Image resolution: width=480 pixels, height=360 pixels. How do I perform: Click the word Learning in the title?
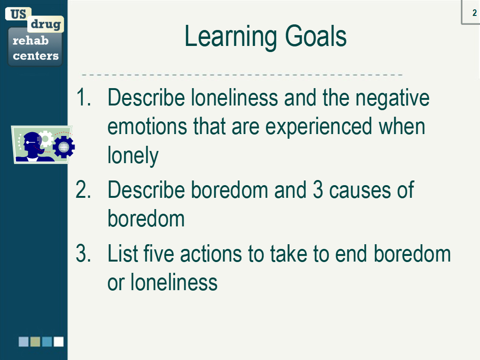[231, 37]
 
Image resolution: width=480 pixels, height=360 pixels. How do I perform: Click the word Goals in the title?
[315, 36]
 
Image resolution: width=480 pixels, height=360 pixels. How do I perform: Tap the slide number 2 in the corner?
[474, 13]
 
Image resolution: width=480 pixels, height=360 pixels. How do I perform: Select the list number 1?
[83, 97]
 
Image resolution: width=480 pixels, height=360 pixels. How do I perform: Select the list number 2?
[83, 190]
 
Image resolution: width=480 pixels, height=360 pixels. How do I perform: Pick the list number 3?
[83, 254]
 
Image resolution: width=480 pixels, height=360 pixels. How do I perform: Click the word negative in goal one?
[392, 99]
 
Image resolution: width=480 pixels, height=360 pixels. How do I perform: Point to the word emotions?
[147, 127]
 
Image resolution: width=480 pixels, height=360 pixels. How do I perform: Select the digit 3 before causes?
[318, 190]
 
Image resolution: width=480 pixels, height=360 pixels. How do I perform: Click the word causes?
[360, 191]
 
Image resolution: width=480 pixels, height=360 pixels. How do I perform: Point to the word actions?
[211, 255]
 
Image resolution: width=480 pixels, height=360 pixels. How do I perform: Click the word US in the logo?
[18, 14]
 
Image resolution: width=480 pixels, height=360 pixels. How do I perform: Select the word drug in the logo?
[45, 24]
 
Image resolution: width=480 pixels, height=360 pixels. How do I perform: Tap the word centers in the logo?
[36, 56]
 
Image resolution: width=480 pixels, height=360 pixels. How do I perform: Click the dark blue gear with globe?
[64, 147]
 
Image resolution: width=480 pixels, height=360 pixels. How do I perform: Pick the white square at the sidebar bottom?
[59, 342]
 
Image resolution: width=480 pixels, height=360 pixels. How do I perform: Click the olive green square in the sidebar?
[35, 342]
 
